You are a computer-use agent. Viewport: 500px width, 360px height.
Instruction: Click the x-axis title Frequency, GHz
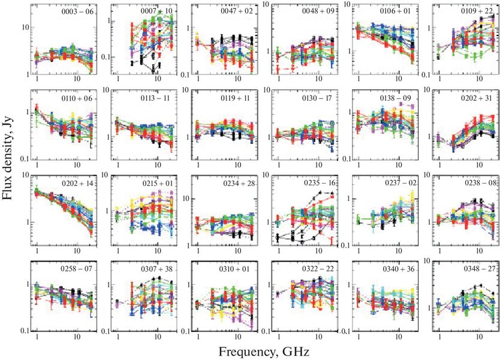264,352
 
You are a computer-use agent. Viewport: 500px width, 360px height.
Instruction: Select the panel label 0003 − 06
77,12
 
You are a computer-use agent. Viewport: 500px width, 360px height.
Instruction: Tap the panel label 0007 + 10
156,11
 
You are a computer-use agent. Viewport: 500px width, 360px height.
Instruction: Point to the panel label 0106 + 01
396,11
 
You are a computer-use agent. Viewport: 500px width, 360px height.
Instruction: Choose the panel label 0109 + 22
477,11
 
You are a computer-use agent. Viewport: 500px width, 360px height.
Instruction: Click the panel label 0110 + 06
77,98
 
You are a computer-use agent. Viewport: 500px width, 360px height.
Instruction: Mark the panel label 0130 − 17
318,98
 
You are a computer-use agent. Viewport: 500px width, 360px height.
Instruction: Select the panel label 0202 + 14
77,184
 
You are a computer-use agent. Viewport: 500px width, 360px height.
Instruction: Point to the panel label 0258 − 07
77,269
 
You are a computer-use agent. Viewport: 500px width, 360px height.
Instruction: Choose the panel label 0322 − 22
318,269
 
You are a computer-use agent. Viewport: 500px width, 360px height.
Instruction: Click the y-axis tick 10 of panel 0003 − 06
26,27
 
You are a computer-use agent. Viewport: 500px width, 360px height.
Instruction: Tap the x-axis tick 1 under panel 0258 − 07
37,337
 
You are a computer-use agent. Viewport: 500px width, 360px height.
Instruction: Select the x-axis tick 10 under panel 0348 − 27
479,337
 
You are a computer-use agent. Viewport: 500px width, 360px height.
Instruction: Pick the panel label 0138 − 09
396,98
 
